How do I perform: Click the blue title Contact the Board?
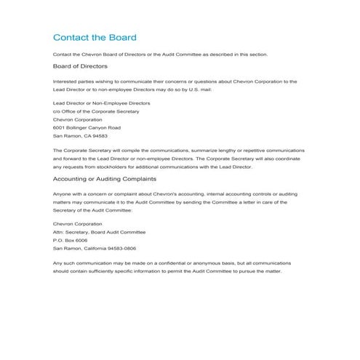click(95, 37)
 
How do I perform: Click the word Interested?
click(65, 81)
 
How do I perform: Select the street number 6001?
click(60, 128)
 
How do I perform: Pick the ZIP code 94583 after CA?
click(99, 136)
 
